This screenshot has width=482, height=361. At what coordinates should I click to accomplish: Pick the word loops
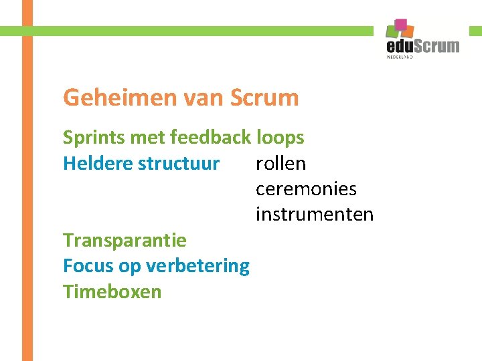click(280, 138)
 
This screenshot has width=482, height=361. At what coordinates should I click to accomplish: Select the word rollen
click(280, 164)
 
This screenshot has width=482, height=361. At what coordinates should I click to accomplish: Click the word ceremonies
click(306, 189)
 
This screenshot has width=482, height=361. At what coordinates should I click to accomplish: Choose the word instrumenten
click(315, 215)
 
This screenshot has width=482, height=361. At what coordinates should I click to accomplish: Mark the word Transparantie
click(125, 240)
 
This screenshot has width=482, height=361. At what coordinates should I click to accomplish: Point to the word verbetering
click(197, 265)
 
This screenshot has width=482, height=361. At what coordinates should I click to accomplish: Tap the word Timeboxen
click(112, 291)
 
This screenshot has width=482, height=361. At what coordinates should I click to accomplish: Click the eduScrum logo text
click(423, 45)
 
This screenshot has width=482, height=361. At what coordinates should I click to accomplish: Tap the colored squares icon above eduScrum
click(400, 29)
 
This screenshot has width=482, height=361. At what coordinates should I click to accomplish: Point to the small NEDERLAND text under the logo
click(400, 57)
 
